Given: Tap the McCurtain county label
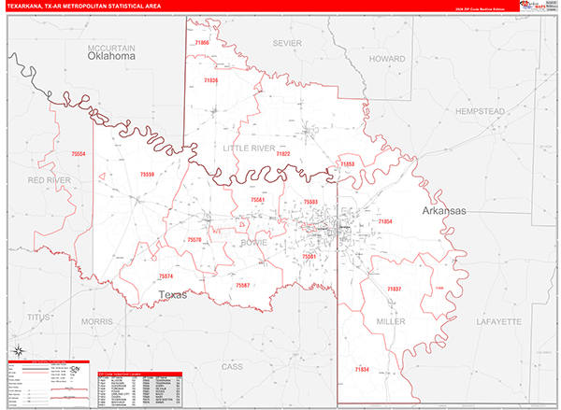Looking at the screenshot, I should (112, 47).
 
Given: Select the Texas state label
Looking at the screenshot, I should (172, 295).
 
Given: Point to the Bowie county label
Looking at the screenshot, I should (254, 243).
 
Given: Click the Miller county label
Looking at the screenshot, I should (391, 321).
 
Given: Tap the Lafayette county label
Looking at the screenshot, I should (496, 321).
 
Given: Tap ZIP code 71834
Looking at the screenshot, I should (361, 370).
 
